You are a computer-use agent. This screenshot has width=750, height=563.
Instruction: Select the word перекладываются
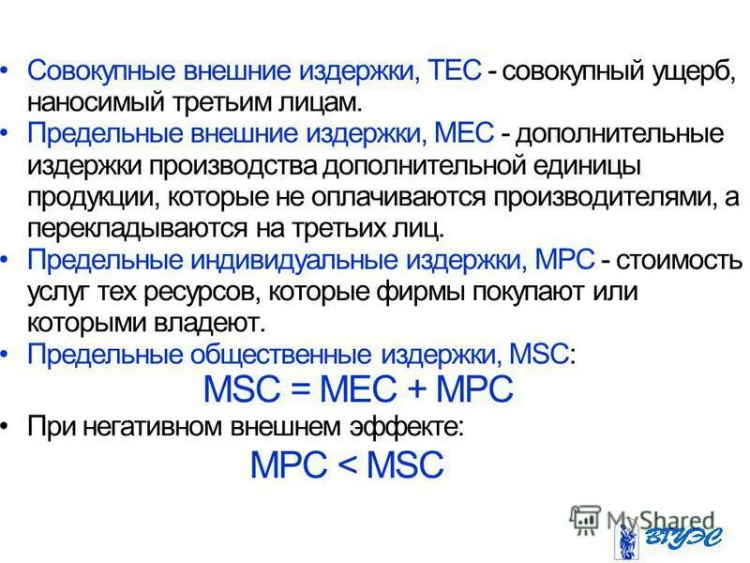(133, 228)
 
